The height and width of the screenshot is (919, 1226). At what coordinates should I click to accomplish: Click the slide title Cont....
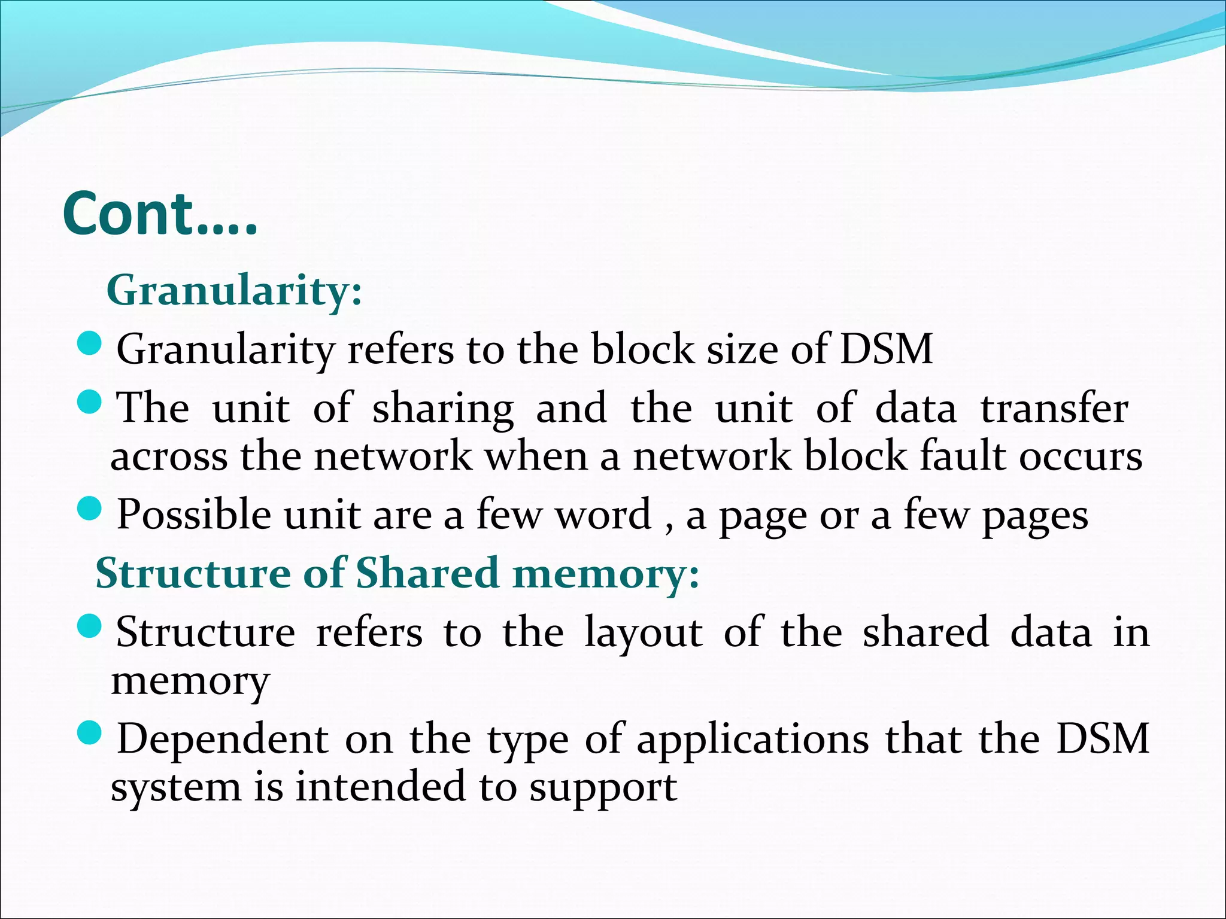coord(160,214)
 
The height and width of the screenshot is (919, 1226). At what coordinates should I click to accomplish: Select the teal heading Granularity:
coord(234,290)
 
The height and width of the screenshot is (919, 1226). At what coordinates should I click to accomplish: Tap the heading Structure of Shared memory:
coord(397,573)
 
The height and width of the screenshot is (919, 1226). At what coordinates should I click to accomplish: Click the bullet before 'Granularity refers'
coord(90,345)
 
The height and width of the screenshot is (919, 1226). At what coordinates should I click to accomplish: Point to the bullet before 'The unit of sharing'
coord(90,401)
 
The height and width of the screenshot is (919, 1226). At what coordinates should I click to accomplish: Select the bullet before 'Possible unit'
coord(90,509)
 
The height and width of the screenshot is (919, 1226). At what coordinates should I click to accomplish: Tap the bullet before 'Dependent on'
coord(90,733)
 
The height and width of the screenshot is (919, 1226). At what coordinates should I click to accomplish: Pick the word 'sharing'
coord(443,409)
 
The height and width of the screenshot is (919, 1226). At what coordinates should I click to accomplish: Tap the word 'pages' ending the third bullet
coord(1034,517)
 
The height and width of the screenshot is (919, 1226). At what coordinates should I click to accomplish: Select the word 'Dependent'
coord(223,740)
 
